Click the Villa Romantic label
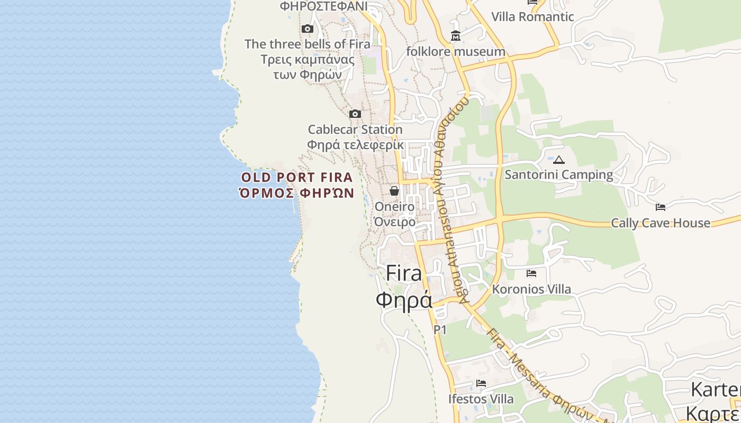click(532, 17)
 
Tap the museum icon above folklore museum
click(455, 36)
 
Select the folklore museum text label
click(455, 52)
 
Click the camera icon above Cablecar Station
click(355, 114)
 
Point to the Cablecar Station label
click(355, 130)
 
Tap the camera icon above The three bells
click(307, 29)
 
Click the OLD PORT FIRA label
click(297, 178)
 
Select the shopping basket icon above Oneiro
click(394, 191)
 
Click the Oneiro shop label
click(394, 207)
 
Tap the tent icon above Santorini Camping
click(559, 160)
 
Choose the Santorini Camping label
click(559, 174)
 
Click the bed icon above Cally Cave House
click(661, 207)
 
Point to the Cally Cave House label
click(661, 223)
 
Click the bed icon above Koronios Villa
click(531, 273)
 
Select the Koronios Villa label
click(531, 289)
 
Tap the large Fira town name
click(404, 273)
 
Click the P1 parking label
click(440, 330)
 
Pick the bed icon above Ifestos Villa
click(481, 383)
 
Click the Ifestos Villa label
click(481, 399)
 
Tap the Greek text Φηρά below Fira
click(404, 300)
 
